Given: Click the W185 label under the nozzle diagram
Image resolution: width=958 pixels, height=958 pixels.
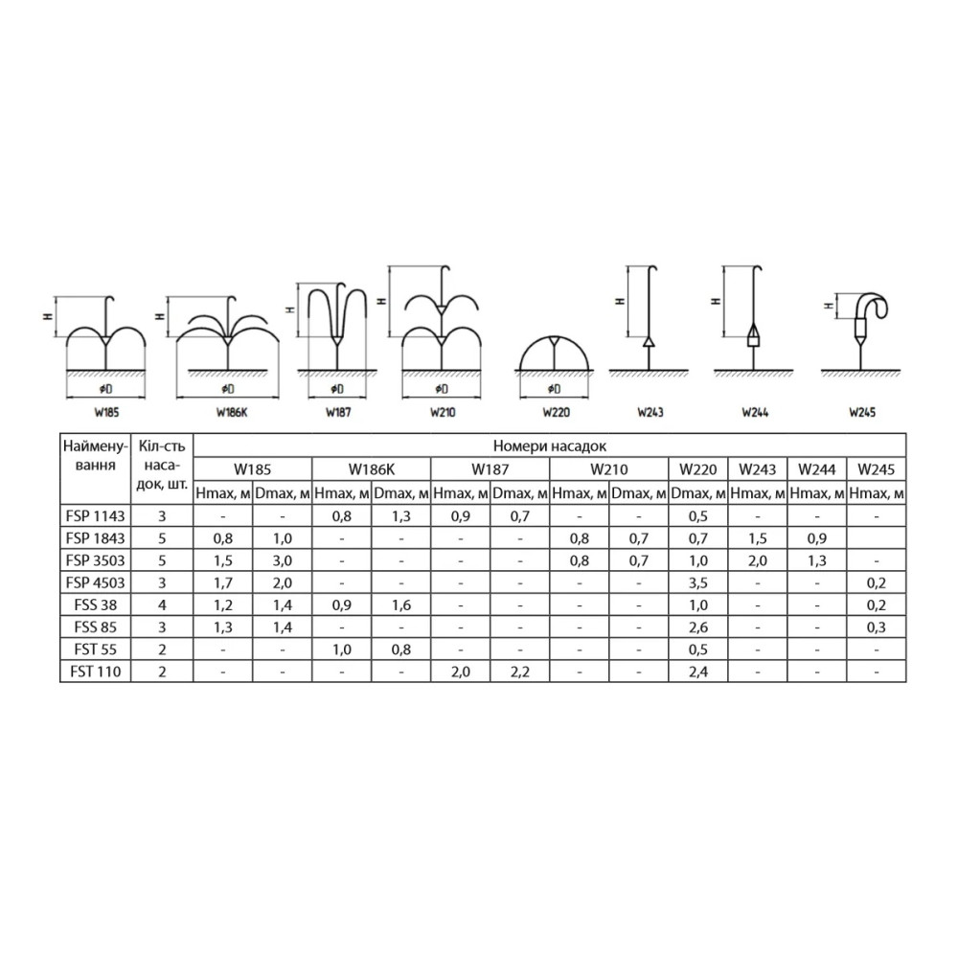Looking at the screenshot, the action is [x=106, y=412].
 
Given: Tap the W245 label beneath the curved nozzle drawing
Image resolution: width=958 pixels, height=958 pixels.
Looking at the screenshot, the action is [x=862, y=412].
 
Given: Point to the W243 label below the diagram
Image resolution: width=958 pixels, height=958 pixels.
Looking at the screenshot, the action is [x=650, y=412].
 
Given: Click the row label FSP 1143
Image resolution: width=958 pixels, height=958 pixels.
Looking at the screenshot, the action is [x=95, y=516].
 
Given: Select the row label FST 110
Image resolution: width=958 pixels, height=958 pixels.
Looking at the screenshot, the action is [x=95, y=672].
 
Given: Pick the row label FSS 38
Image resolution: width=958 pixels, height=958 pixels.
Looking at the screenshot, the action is [x=95, y=604].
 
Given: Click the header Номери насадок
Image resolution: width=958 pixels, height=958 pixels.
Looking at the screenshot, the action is [x=549, y=446].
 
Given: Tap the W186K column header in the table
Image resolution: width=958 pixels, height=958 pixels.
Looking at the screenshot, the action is [x=372, y=469].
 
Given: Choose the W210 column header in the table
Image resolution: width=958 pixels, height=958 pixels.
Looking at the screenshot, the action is [x=608, y=469].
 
